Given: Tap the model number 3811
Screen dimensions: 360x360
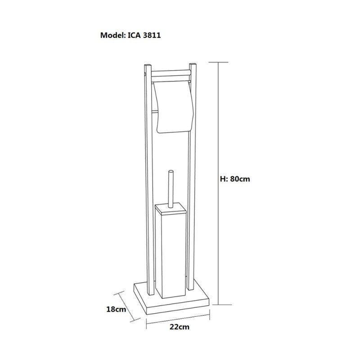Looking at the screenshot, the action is click(x=152, y=35).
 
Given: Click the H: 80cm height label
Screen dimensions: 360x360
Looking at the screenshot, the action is click(x=235, y=179).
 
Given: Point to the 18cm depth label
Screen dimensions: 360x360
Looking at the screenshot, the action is click(x=116, y=309).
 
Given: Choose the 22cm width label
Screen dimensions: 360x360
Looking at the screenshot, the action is click(x=180, y=327).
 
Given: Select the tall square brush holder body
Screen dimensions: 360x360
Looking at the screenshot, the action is click(x=171, y=255).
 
